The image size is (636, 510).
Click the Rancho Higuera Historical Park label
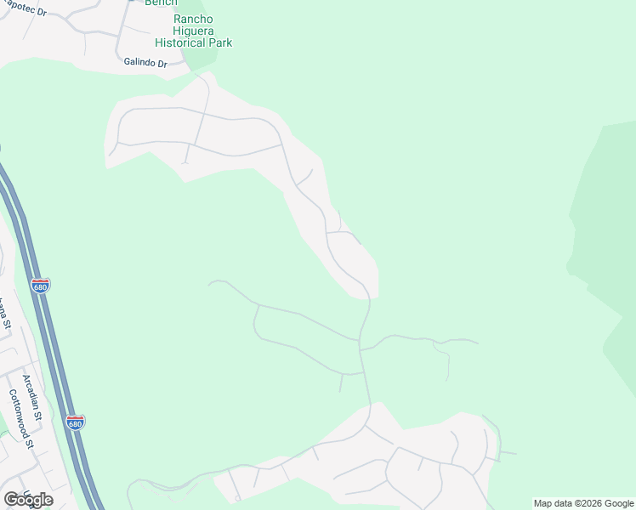click(x=193, y=31)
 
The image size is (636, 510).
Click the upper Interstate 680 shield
click(x=40, y=286)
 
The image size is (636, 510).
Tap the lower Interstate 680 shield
click(x=76, y=422)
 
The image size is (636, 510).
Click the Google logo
click(x=28, y=499)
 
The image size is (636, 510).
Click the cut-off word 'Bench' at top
click(x=161, y=3)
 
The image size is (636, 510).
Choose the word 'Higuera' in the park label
click(x=193, y=31)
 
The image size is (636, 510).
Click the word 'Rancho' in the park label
click(x=193, y=19)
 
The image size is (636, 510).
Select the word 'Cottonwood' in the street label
click(x=20, y=415)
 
